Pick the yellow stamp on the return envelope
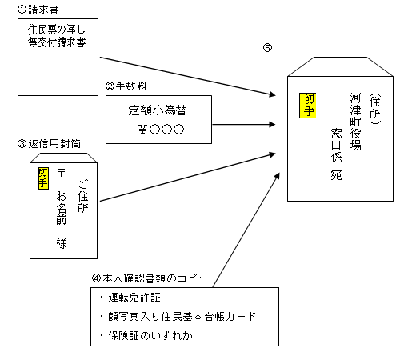(43, 177)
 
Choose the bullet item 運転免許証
(133, 298)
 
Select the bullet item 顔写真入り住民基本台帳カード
(175, 316)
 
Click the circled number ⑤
(267, 47)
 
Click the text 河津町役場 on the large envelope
(355, 121)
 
